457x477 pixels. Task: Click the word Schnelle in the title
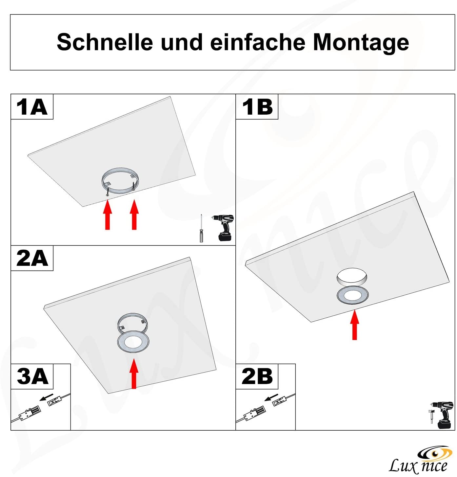pos(105,42)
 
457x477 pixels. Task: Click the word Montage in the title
pos(361,43)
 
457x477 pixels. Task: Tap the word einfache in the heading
pos(258,42)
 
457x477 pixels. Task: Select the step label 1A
pos(32,107)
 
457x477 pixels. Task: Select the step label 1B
pos(257,107)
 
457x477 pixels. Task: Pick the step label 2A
pos(32,258)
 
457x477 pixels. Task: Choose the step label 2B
pos(257,376)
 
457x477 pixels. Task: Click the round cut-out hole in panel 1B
pos(351,276)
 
